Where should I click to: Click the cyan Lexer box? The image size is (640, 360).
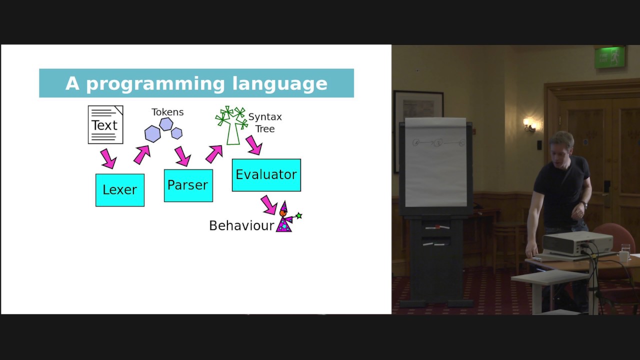(x=120, y=190)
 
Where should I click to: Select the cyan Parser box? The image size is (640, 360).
(x=188, y=185)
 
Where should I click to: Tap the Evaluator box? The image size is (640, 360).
(x=266, y=175)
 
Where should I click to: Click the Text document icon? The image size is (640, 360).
(x=105, y=124)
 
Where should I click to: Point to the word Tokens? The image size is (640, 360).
(x=167, y=112)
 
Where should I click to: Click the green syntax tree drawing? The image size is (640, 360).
(x=232, y=125)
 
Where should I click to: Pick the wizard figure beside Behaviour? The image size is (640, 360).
(x=286, y=216)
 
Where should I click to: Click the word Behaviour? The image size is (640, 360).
(x=241, y=225)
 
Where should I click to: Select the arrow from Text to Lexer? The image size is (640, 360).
(x=108, y=158)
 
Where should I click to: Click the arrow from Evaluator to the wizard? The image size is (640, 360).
(x=269, y=205)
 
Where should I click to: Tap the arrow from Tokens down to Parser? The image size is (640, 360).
(x=182, y=156)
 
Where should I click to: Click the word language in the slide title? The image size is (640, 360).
(x=279, y=84)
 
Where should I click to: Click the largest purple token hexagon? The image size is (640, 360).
(x=152, y=133)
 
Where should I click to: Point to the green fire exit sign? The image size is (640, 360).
(x=609, y=57)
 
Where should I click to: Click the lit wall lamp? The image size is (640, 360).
(x=529, y=125)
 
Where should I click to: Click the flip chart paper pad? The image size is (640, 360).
(x=435, y=162)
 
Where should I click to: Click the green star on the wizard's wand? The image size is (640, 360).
(x=299, y=215)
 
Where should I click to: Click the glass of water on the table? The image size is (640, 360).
(x=625, y=250)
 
